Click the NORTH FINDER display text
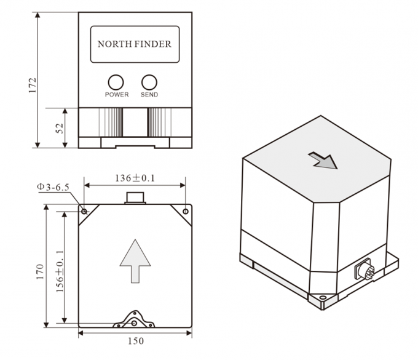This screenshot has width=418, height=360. click(x=135, y=44)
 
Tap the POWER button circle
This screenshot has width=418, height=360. click(x=116, y=82)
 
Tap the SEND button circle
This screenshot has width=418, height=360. click(x=149, y=82)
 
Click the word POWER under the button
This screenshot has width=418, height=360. click(x=116, y=95)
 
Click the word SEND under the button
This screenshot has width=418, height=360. click(x=149, y=95)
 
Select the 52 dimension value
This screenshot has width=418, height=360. click(x=60, y=128)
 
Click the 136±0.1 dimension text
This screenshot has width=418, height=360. click(x=135, y=178)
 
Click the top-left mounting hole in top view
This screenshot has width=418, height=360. click(x=84, y=211)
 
